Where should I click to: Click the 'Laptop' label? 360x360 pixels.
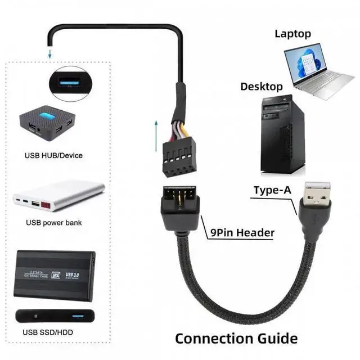pos(292,34)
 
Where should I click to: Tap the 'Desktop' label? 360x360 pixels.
pos(262,87)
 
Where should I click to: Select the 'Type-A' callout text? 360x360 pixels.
pos(272,190)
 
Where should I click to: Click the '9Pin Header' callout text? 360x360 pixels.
pos(242,232)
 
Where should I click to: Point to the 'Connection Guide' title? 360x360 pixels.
pos(236,338)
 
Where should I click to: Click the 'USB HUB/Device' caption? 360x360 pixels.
pos(53,155)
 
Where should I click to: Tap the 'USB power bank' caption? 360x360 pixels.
pos(54,222)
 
